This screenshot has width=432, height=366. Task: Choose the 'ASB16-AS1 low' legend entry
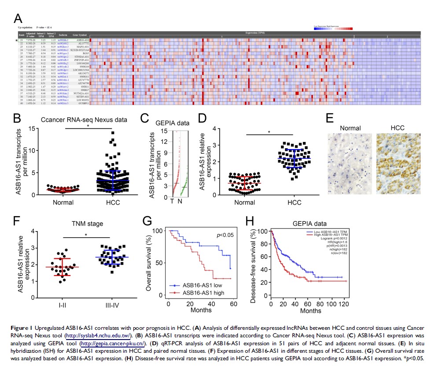coord(202,286)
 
